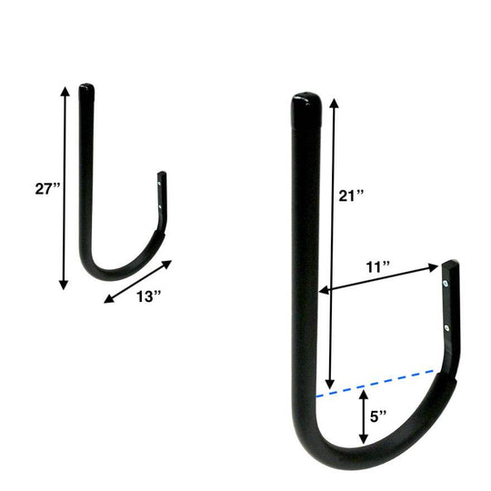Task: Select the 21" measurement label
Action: [x=350, y=195]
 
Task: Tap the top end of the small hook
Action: [x=85, y=89]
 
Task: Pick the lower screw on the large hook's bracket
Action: [x=446, y=327]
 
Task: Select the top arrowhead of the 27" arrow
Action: [x=64, y=91]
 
